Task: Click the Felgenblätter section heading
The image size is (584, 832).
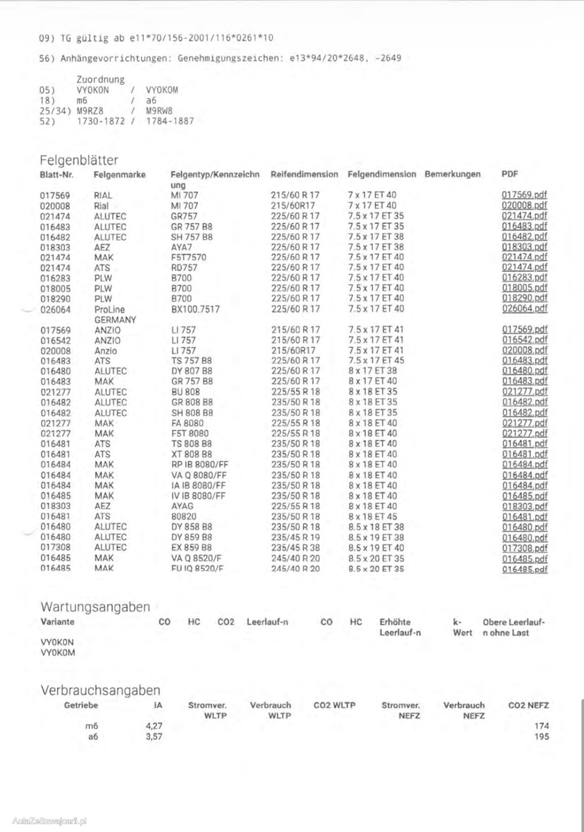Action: click(79, 160)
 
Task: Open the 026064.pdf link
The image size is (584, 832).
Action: click(524, 309)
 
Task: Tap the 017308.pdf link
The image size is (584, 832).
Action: click(524, 548)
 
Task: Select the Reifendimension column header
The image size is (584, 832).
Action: click(304, 174)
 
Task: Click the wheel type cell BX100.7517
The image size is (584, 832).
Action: click(195, 309)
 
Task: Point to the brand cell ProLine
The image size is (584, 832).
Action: click(109, 310)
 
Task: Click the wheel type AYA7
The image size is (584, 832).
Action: click(182, 247)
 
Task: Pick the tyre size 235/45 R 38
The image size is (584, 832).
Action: click(296, 548)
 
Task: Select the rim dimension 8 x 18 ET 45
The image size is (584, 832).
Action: click(373, 517)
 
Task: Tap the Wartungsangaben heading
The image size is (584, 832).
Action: click(95, 607)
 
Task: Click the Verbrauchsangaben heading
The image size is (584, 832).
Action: click(100, 690)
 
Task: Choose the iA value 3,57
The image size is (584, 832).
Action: click(154, 736)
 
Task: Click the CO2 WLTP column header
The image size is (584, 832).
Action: click(334, 705)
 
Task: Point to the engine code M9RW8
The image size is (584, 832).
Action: click(159, 111)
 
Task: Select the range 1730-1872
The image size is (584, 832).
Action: click(101, 121)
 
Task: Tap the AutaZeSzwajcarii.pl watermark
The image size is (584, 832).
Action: click(50, 821)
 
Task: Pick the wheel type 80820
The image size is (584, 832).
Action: click(184, 517)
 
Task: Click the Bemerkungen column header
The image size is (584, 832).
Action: click(452, 174)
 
